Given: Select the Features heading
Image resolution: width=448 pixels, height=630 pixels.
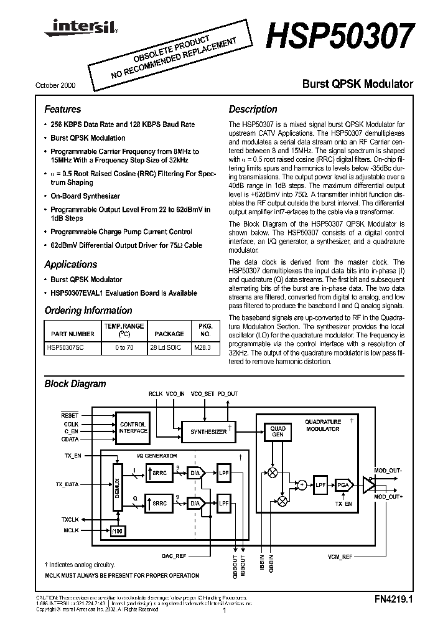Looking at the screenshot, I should point(62,109).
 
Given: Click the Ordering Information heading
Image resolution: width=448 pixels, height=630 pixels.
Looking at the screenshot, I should point(88,310).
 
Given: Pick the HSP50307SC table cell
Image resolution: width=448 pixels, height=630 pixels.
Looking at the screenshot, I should point(68,347).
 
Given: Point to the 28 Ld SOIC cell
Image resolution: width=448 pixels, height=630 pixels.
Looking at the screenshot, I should point(165,347).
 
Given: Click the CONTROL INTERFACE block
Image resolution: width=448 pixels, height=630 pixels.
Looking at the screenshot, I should point(133,427).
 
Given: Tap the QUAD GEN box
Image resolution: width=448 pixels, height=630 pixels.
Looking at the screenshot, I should point(278,431).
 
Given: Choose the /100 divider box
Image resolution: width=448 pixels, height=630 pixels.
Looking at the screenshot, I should point(116,531).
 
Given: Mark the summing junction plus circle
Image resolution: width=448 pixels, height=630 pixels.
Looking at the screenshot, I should point(302,484).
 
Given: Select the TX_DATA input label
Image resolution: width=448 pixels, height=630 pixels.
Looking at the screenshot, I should point(68,484).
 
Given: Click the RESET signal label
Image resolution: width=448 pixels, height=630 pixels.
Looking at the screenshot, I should point(70,415).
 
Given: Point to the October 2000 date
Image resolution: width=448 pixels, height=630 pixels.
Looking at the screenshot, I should point(61,85).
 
